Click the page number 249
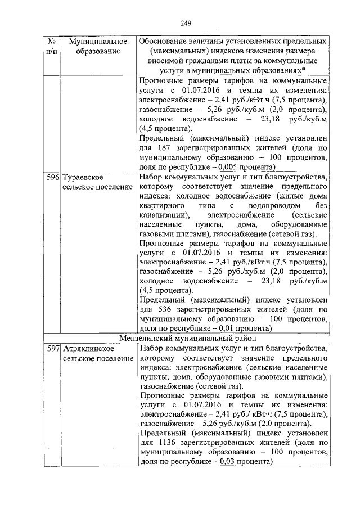186,23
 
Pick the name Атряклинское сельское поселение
93,353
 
